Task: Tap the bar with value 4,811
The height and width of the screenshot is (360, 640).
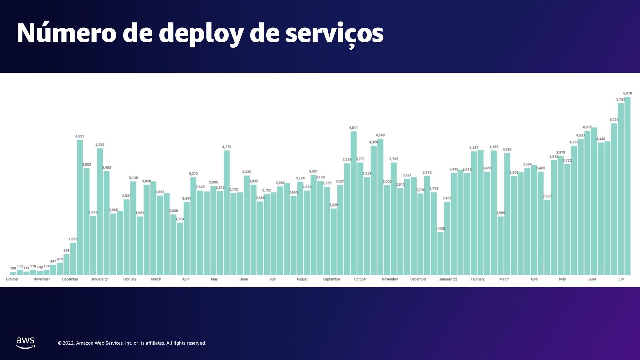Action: pyautogui.click(x=354, y=203)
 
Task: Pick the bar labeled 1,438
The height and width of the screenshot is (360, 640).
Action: pyautogui.click(x=440, y=253)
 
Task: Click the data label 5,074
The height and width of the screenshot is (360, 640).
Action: pyautogui.click(x=614, y=120)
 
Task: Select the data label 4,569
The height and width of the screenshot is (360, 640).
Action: pyautogui.click(x=380, y=135)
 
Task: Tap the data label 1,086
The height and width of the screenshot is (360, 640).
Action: pyautogui.click(x=73, y=239)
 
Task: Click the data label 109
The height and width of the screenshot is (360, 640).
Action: pyautogui.click(x=13, y=268)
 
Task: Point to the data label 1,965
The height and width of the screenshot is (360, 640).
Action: pyautogui.click(x=500, y=213)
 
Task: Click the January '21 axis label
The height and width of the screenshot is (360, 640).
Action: pyautogui.click(x=100, y=279)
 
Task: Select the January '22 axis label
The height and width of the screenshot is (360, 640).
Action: pyautogui.click(x=448, y=279)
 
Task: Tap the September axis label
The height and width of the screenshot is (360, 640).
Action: pyautogui.click(x=332, y=279)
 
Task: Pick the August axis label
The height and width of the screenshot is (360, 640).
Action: pyautogui.click(x=302, y=279)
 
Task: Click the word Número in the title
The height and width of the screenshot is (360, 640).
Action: pyautogui.click(x=66, y=33)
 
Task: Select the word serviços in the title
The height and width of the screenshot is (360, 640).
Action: pyautogui.click(x=334, y=34)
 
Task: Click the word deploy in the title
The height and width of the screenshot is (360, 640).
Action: pyautogui.click(x=201, y=34)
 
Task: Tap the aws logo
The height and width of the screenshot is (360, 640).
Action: pyautogui.click(x=26, y=343)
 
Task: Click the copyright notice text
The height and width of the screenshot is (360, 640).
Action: pyautogui.click(x=132, y=343)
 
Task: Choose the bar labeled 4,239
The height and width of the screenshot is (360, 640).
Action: pyautogui.click(x=100, y=212)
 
